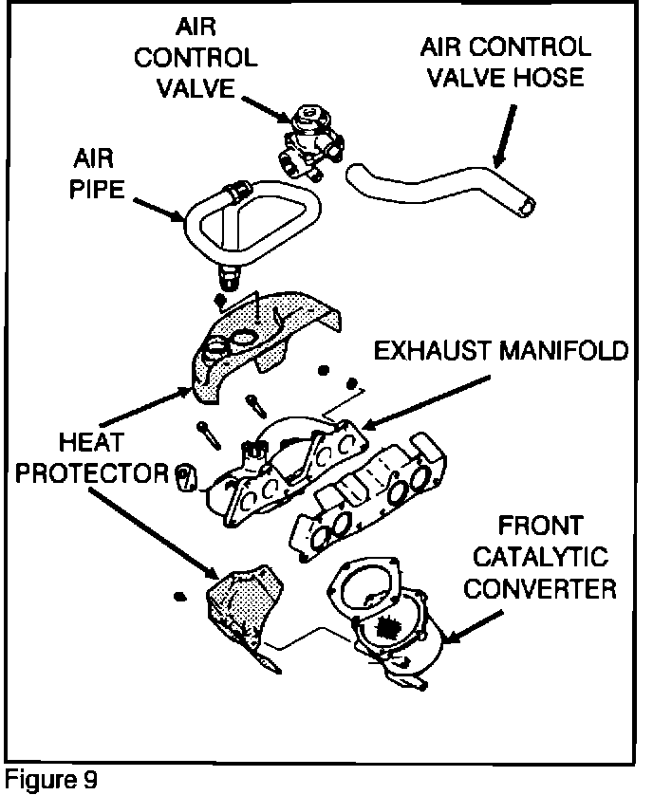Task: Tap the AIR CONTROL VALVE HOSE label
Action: (505, 61)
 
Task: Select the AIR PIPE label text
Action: (98, 171)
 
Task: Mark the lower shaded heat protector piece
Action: (241, 602)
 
